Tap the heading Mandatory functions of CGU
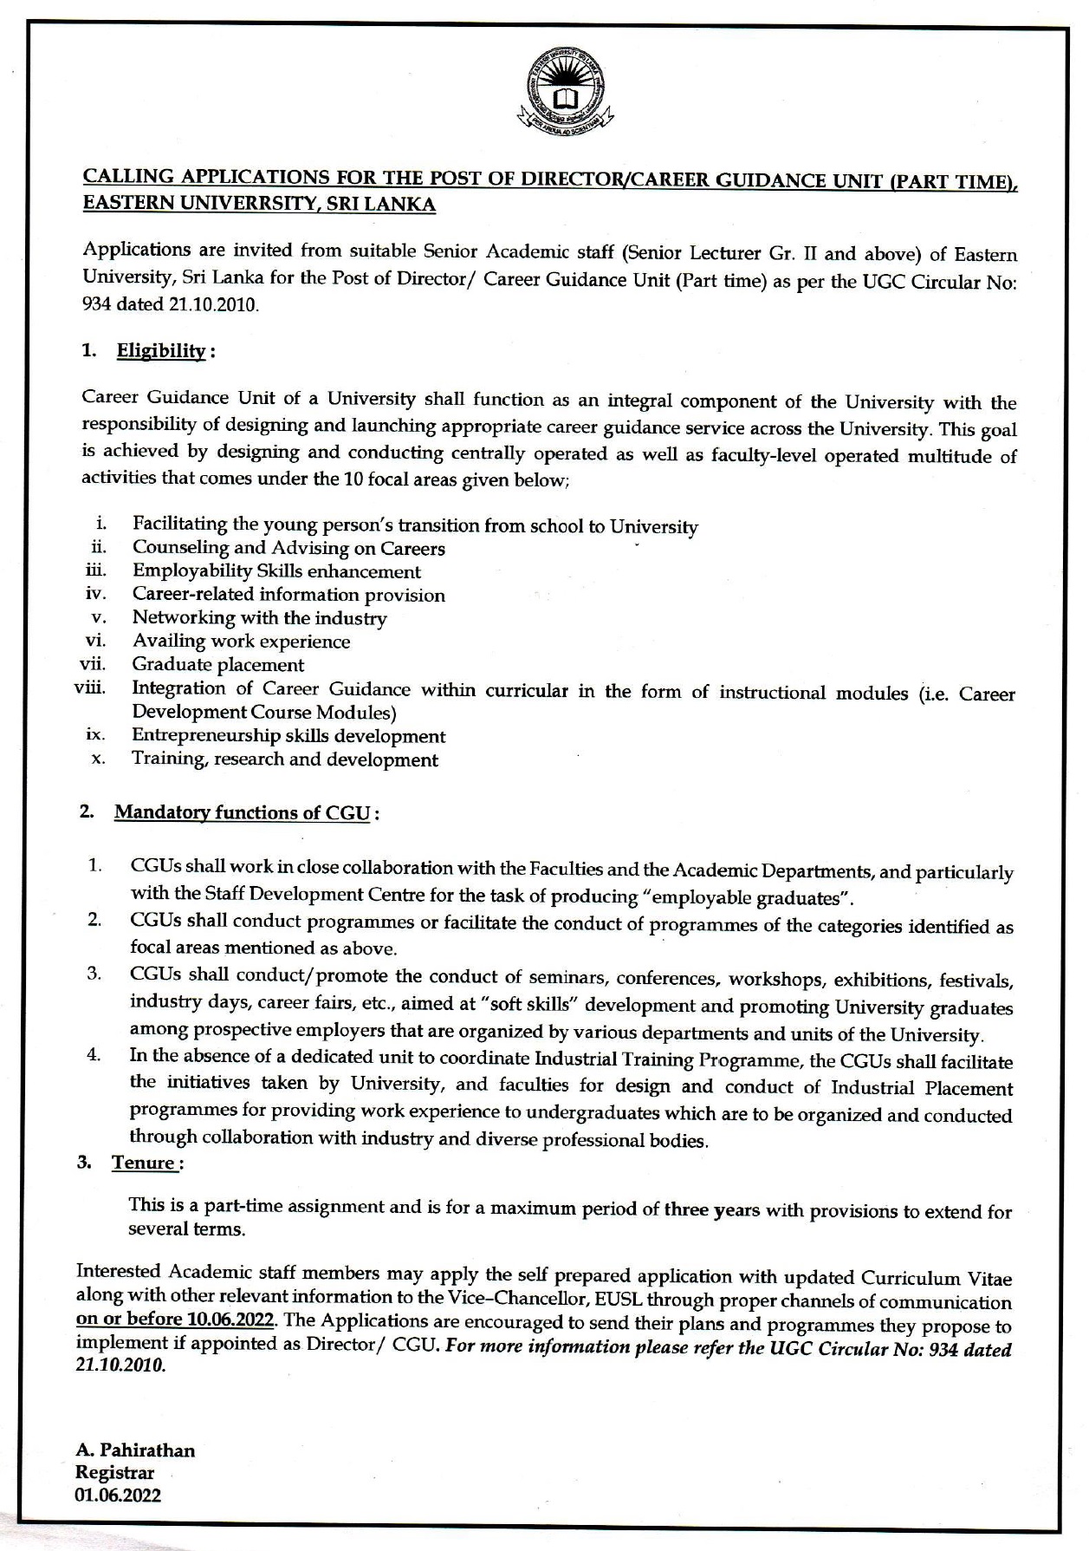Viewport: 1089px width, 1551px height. tap(243, 812)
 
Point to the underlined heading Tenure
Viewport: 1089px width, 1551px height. tap(144, 1163)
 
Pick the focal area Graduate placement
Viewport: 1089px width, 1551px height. tap(217, 665)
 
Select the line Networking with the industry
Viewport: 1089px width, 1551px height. tap(259, 618)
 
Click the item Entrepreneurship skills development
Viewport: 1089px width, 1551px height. tap(288, 736)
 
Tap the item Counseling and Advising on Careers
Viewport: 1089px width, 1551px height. tap(288, 548)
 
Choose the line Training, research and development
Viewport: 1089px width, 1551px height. tap(285, 759)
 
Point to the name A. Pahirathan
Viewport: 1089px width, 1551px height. tap(135, 1450)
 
